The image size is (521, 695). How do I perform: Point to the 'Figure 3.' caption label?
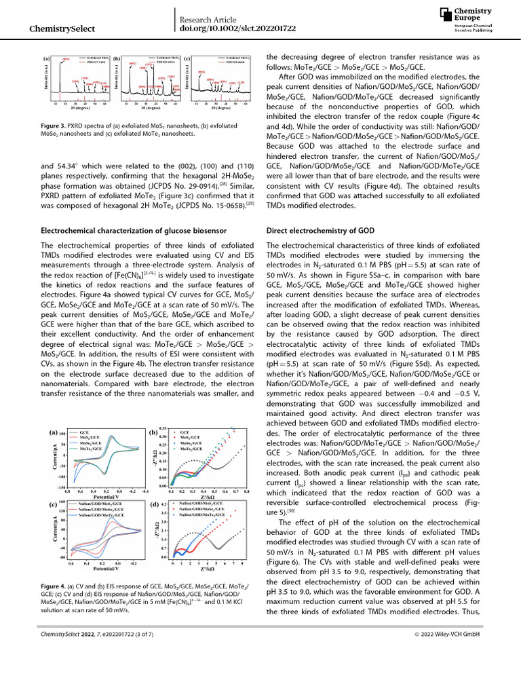pos(56,126)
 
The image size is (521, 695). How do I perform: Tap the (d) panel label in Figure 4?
pos(153,505)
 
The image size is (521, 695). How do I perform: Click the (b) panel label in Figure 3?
pos(117,60)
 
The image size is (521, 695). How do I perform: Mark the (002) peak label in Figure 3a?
pos(66,60)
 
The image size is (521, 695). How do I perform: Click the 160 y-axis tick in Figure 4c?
pos(62,503)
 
